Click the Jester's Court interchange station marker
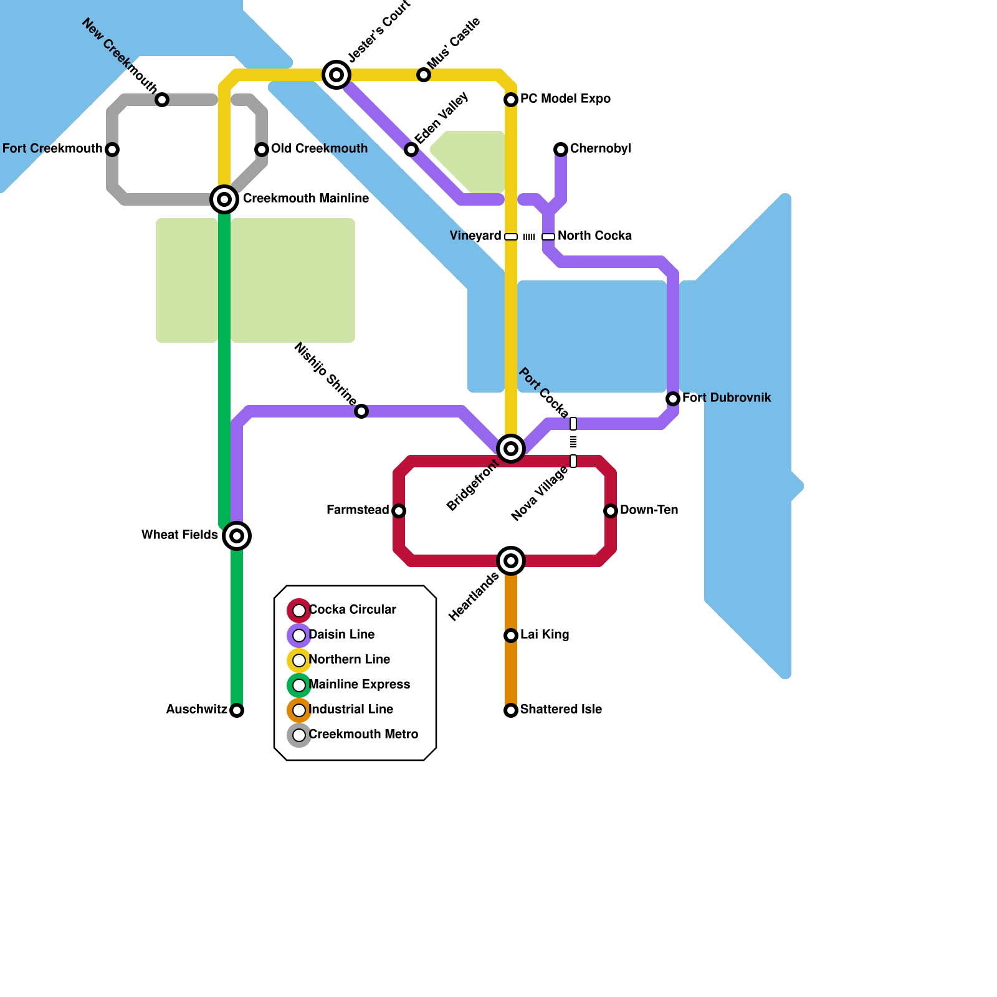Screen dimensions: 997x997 click(x=336, y=75)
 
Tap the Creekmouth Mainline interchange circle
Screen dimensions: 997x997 click(x=224, y=199)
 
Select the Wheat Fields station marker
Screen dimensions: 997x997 click(x=237, y=536)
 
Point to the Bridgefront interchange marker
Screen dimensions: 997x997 click(x=511, y=449)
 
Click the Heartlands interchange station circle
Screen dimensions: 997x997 click(x=511, y=561)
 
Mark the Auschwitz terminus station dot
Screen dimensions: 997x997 click(x=237, y=710)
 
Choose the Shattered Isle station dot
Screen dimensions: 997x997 click(x=511, y=710)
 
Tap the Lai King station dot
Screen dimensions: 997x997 click(x=511, y=636)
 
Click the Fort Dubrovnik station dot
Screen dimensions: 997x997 click(x=673, y=399)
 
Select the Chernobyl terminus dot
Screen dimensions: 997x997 click(x=561, y=150)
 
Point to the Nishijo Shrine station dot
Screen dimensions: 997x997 click(x=361, y=411)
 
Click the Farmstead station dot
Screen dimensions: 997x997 click(x=399, y=511)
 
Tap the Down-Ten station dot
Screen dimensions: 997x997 click(x=611, y=511)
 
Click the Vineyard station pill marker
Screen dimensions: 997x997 click(x=511, y=237)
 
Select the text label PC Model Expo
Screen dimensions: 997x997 click(x=565, y=99)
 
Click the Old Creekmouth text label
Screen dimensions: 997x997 click(x=319, y=149)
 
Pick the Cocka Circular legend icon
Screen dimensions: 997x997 click(x=299, y=611)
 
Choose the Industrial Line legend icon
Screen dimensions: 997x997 click(x=299, y=710)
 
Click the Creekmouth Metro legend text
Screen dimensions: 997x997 click(x=363, y=735)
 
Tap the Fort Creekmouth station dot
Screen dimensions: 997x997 click(x=112, y=150)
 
